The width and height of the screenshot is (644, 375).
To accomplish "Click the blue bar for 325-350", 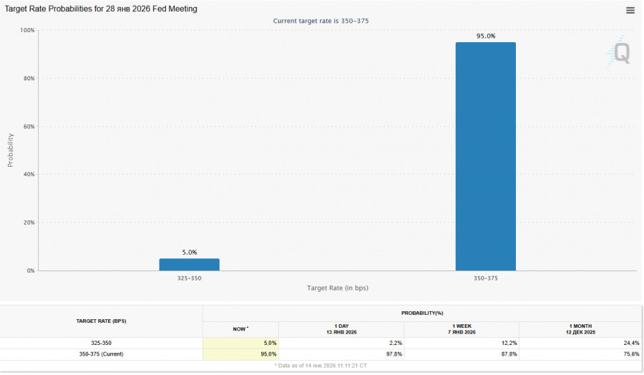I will [x=189, y=264].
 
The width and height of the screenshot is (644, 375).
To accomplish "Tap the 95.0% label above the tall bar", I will [x=486, y=36].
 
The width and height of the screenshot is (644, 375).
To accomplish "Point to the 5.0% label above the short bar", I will [x=189, y=252].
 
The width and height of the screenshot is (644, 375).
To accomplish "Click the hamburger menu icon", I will [x=630, y=10].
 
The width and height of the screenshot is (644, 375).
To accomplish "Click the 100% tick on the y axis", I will [x=27, y=30].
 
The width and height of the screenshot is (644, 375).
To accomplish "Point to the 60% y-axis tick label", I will [x=29, y=127].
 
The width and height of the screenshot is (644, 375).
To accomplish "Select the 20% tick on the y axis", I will [x=29, y=223].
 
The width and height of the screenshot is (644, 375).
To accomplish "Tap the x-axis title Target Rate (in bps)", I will [x=337, y=288].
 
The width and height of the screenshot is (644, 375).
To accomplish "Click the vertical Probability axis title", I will [x=10, y=150].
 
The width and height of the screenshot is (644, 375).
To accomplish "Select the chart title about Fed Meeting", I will [x=102, y=9].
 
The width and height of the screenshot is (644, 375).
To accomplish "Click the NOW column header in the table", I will [x=240, y=328].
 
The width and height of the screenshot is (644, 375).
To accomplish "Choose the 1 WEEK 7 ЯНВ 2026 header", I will [x=461, y=328].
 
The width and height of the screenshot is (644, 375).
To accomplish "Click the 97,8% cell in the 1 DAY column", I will [x=393, y=354].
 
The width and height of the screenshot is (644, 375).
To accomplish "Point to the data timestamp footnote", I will [x=322, y=365].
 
